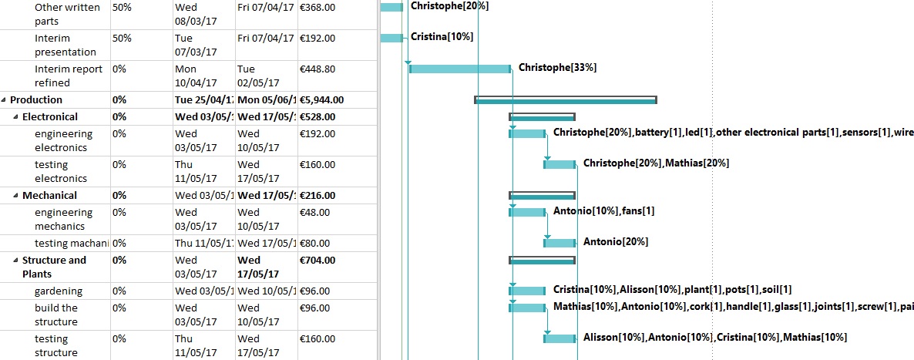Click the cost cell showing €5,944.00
[x=321, y=99]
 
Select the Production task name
[x=36, y=99]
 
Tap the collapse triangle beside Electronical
[x=15, y=117]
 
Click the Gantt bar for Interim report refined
[x=459, y=69]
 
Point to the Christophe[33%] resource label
[x=557, y=67]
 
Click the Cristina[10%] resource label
[x=442, y=36]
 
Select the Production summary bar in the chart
[x=565, y=99]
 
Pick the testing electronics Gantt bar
[x=560, y=164]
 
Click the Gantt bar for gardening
[x=527, y=291]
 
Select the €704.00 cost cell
[x=317, y=260]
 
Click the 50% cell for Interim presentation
[x=121, y=37]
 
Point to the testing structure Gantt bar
[x=560, y=338]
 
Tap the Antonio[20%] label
[x=615, y=241]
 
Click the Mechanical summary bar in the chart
[x=542, y=195]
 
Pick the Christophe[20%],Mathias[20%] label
[x=656, y=163]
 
